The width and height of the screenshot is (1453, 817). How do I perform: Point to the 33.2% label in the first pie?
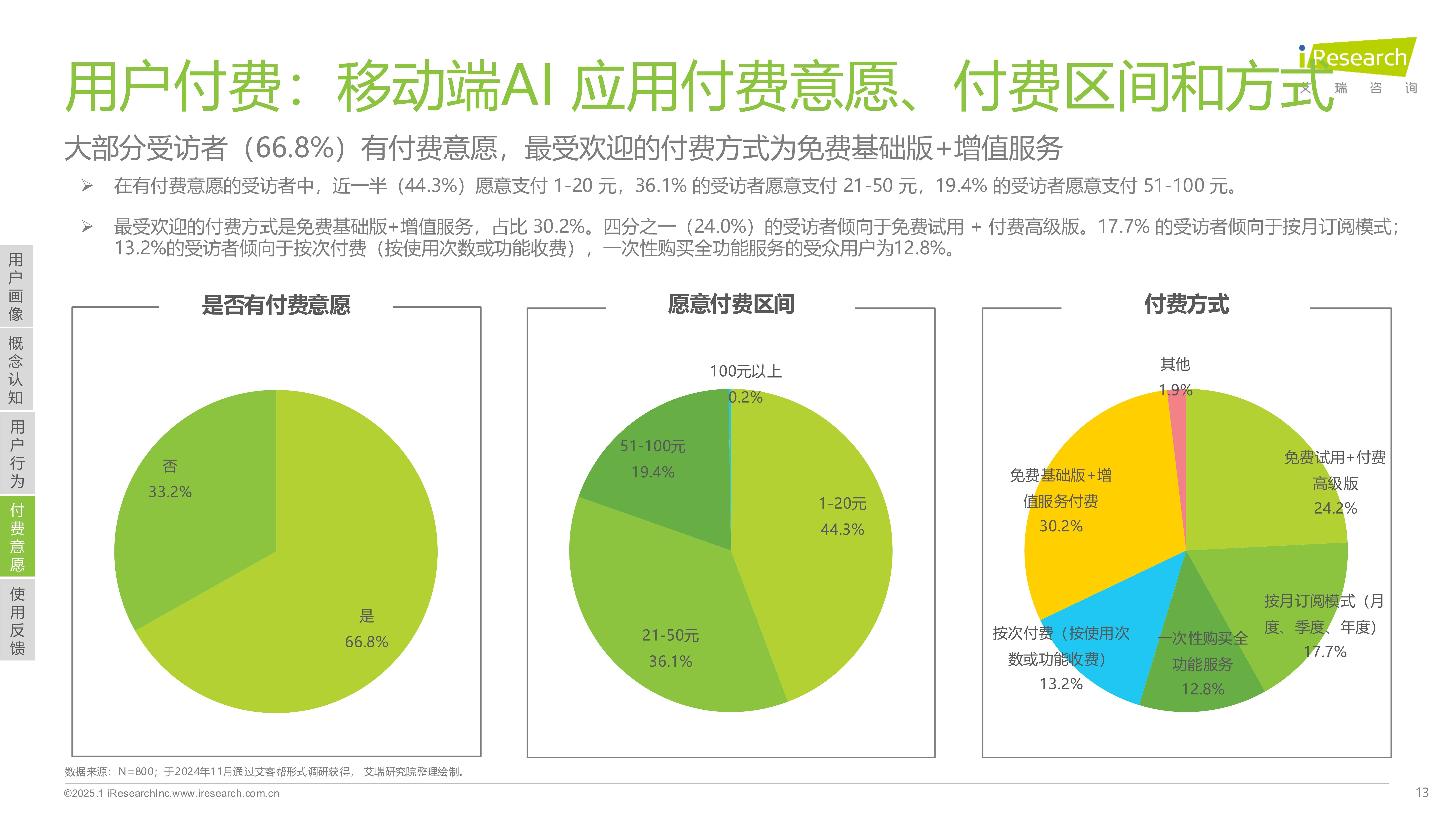(170, 492)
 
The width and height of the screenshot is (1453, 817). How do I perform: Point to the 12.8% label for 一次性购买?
(1203, 689)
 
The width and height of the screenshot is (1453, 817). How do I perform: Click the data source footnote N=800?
(265, 772)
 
